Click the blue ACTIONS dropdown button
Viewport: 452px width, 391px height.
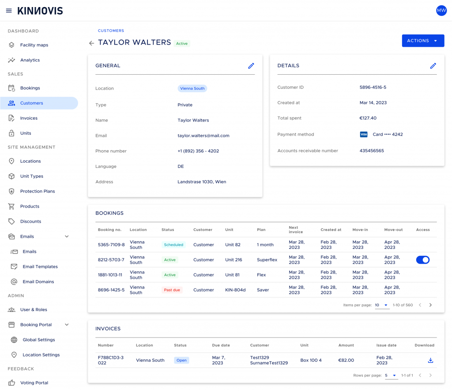coord(423,41)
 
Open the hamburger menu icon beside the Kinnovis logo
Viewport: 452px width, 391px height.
coord(9,11)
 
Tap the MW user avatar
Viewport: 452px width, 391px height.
coord(441,11)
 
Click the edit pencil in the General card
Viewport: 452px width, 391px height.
coord(251,66)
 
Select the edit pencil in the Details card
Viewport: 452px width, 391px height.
coord(433,66)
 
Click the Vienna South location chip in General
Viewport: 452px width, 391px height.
coord(192,88)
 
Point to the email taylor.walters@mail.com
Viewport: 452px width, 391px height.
coord(203,136)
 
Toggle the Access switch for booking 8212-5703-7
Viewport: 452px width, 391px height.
coord(422,260)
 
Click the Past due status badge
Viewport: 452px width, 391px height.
coord(172,290)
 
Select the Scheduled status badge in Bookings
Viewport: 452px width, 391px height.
coord(173,245)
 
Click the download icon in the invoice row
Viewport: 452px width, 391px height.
coord(430,360)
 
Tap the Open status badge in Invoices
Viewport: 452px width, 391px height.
coord(181,360)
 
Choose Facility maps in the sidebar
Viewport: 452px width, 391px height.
coord(34,45)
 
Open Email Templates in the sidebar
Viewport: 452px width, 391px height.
coord(40,266)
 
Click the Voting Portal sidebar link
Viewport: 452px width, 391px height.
coord(34,383)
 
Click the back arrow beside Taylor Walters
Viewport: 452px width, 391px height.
coord(91,43)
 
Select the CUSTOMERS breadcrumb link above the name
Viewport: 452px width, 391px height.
coord(111,30)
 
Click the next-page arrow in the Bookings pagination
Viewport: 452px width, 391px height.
coord(430,305)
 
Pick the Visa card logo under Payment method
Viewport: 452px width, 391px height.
coord(364,134)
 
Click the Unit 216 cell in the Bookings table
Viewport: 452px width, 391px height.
coord(234,260)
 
